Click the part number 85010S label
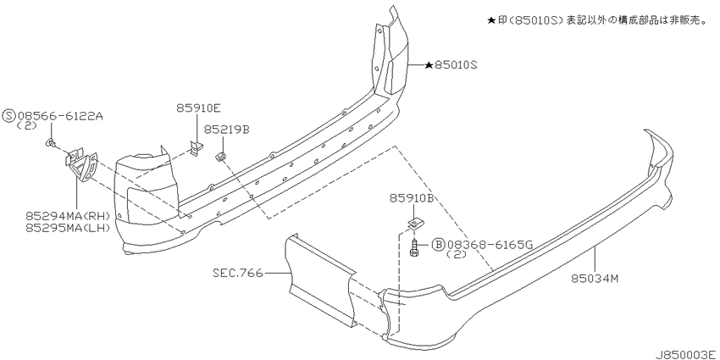[457, 66]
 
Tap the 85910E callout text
[198, 108]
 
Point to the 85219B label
[226, 130]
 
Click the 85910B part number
[413, 198]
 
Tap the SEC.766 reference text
[238, 274]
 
